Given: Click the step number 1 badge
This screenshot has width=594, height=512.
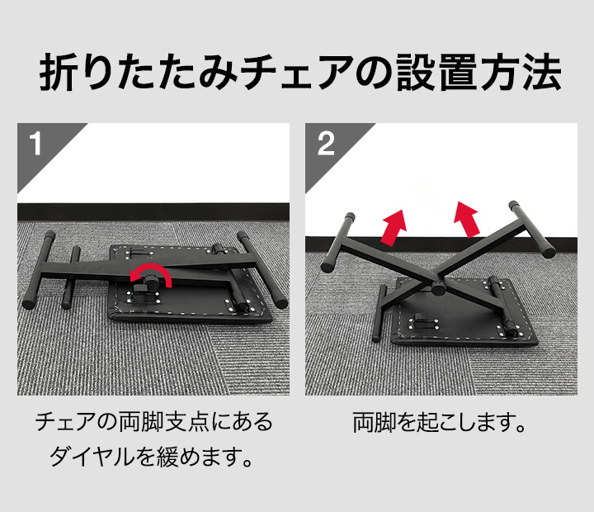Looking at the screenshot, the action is click(x=35, y=144).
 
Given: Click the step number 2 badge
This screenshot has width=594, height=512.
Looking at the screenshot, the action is click(x=326, y=144).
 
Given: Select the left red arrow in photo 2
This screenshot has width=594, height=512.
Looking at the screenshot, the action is click(x=394, y=228).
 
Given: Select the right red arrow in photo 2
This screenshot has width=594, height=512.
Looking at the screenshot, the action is click(x=467, y=219).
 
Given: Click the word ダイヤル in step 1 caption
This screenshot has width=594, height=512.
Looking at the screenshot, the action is click(x=92, y=456).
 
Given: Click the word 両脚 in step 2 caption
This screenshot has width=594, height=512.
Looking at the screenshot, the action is click(x=375, y=422).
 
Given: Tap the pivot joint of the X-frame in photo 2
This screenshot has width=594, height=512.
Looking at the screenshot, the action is click(x=438, y=287).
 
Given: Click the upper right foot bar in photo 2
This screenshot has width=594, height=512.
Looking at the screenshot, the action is click(x=531, y=229).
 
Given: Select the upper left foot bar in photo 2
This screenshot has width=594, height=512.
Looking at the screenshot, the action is click(x=338, y=243).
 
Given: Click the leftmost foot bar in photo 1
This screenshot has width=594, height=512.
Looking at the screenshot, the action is click(x=39, y=269).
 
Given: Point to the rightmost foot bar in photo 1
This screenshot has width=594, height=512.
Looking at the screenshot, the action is click(x=262, y=270).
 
